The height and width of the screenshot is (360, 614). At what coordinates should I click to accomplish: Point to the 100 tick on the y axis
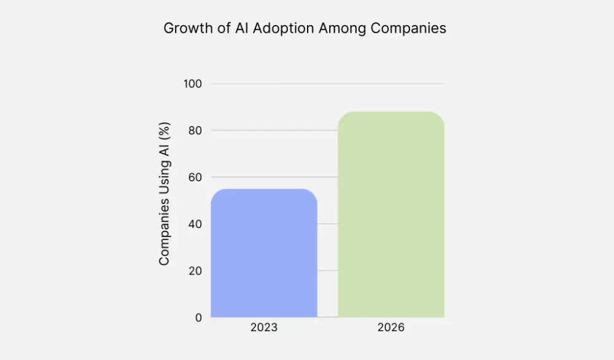[193, 84]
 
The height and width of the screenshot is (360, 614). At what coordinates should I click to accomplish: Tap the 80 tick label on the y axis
[196, 130]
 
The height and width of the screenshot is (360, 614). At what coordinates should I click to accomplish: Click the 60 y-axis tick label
[196, 177]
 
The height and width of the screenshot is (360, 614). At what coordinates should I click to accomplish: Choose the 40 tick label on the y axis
[196, 224]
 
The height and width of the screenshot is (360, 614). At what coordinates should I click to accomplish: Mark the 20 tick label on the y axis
[196, 270]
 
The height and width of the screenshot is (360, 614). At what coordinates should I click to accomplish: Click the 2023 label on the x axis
[264, 328]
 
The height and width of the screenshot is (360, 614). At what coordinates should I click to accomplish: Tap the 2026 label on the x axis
[391, 328]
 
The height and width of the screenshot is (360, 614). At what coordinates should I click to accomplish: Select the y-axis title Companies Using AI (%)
[164, 194]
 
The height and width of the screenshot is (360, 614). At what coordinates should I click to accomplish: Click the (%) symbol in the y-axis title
[164, 130]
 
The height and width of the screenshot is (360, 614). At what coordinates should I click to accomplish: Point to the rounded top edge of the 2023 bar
[264, 190]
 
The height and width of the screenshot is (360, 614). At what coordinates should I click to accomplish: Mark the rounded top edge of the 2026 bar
[391, 113]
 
